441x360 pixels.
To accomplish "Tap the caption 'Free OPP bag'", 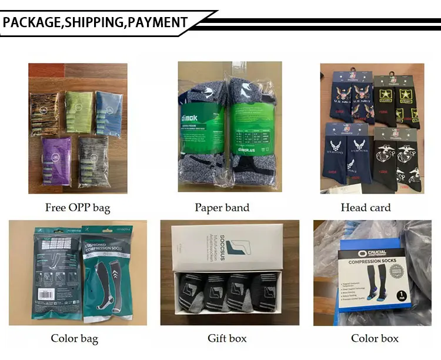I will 77,208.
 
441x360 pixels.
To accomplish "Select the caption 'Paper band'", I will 222,208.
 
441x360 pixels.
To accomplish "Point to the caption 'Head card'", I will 365,208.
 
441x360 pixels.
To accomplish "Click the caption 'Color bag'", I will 74,338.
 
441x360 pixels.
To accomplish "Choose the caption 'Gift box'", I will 227,338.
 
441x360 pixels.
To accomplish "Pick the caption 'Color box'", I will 375,338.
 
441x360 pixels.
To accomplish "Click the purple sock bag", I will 56,160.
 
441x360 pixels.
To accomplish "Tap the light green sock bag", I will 79,111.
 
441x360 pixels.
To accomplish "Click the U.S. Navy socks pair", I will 351,100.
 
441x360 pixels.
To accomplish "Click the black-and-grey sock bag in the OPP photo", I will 93,160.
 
